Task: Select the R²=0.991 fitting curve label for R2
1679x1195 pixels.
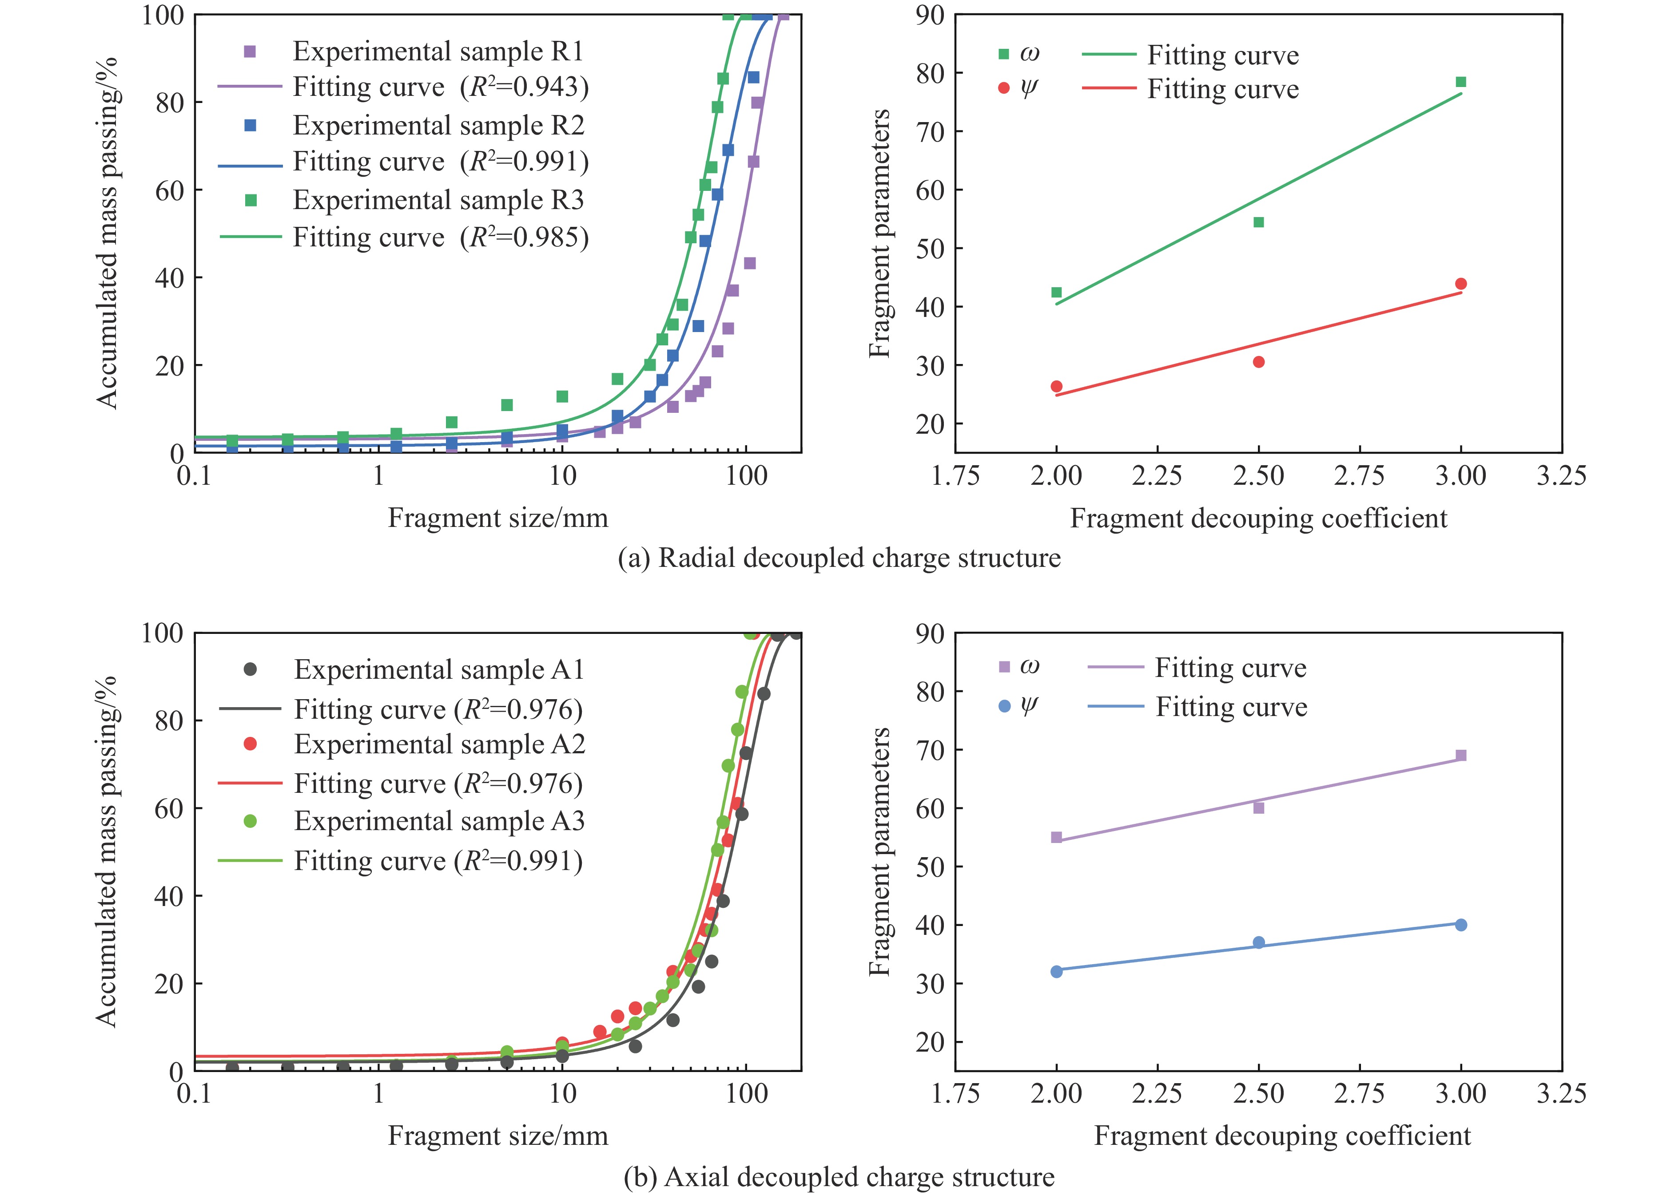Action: pos(441,162)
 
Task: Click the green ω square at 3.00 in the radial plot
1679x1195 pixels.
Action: pos(1461,82)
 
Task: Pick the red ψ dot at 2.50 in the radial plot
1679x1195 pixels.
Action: pos(1259,362)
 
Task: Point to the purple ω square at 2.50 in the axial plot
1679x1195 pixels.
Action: pos(1259,808)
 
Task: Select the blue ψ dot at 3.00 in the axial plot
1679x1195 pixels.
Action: pos(1461,925)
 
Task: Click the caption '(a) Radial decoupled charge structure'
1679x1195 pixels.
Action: pos(839,558)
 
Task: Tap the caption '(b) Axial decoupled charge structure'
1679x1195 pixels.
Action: pos(839,1177)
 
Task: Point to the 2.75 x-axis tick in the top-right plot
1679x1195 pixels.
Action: pos(1360,476)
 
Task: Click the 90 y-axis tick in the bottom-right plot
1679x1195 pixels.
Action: pos(930,633)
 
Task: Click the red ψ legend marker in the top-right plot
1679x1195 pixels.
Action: pos(1004,88)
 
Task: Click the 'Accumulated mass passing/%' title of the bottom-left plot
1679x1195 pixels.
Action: pos(107,851)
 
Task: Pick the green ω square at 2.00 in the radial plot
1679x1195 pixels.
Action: pos(1056,292)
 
